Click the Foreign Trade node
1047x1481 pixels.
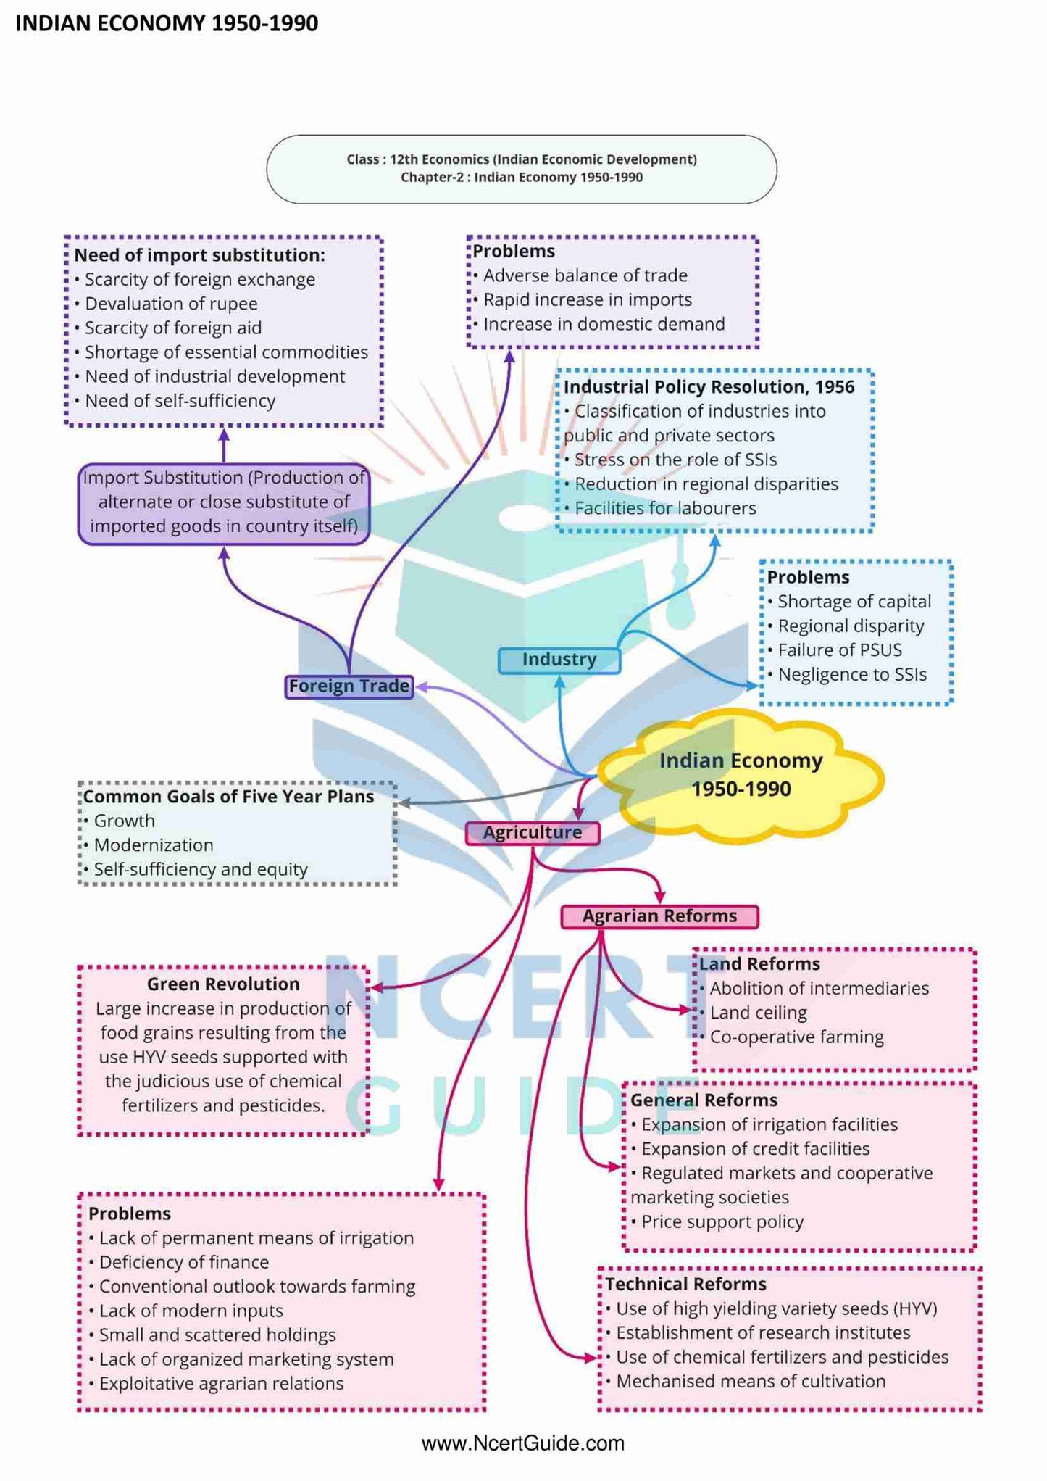coord(349,686)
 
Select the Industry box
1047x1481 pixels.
coord(559,659)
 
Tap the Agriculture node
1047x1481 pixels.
coord(533,832)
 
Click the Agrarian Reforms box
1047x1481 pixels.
coord(659,916)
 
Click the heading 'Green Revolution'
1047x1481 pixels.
coord(223,984)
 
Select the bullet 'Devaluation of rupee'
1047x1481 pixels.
coord(171,304)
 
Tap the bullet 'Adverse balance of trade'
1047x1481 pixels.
coord(585,275)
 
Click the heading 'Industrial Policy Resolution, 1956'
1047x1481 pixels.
coord(709,387)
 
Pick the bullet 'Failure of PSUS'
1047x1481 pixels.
coord(839,650)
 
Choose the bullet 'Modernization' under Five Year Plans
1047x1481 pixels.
coord(154,845)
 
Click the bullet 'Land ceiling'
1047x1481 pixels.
coord(758,1013)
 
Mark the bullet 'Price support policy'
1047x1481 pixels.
coord(722,1222)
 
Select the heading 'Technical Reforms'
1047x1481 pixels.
coord(685,1284)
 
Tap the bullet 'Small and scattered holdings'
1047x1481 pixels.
coord(217,1335)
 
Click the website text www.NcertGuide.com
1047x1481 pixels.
coord(522,1443)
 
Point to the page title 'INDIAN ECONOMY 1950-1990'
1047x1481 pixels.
coord(167,23)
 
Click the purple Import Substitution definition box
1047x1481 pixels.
coord(224,502)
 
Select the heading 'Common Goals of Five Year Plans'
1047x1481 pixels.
coord(228,797)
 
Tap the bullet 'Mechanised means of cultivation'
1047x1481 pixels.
coord(751,1381)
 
